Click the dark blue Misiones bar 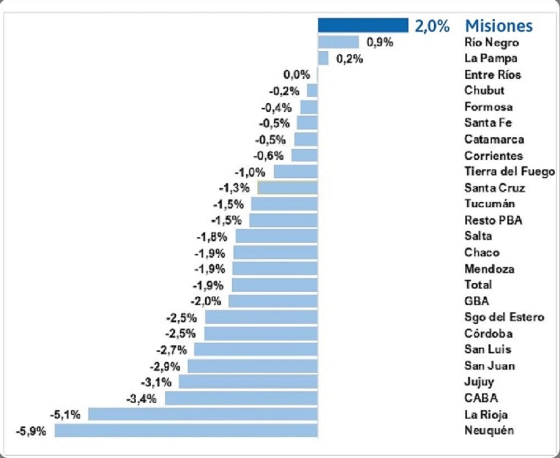pyautogui.click(x=363, y=25)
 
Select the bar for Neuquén pyautogui.click(x=186, y=430)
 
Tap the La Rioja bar pyautogui.click(x=203, y=414)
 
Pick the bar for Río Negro pyautogui.click(x=339, y=42)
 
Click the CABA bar pyautogui.click(x=241, y=398)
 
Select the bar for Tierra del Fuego pyautogui.click(x=295, y=172)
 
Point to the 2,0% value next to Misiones pyautogui.click(x=432, y=26)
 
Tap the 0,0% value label pyautogui.click(x=296, y=74)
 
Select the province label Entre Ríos pyautogui.click(x=493, y=74)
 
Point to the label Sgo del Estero pyautogui.click(x=504, y=317)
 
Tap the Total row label pyautogui.click(x=478, y=285)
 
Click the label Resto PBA pyautogui.click(x=493, y=220)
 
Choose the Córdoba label pyautogui.click(x=488, y=333)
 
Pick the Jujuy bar pyautogui.click(x=248, y=382)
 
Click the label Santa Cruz pyautogui.click(x=494, y=188)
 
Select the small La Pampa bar pyautogui.click(x=323, y=58)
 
